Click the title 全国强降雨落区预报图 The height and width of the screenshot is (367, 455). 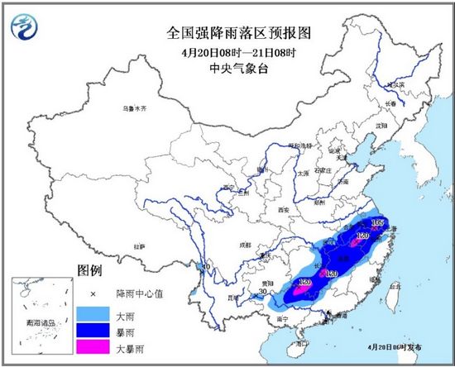tap(227, 33)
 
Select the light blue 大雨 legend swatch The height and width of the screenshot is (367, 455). tap(93, 312)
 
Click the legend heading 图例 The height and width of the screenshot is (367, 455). tap(89, 270)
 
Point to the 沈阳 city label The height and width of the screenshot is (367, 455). tap(381, 126)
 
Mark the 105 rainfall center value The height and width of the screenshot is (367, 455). tap(379, 223)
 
